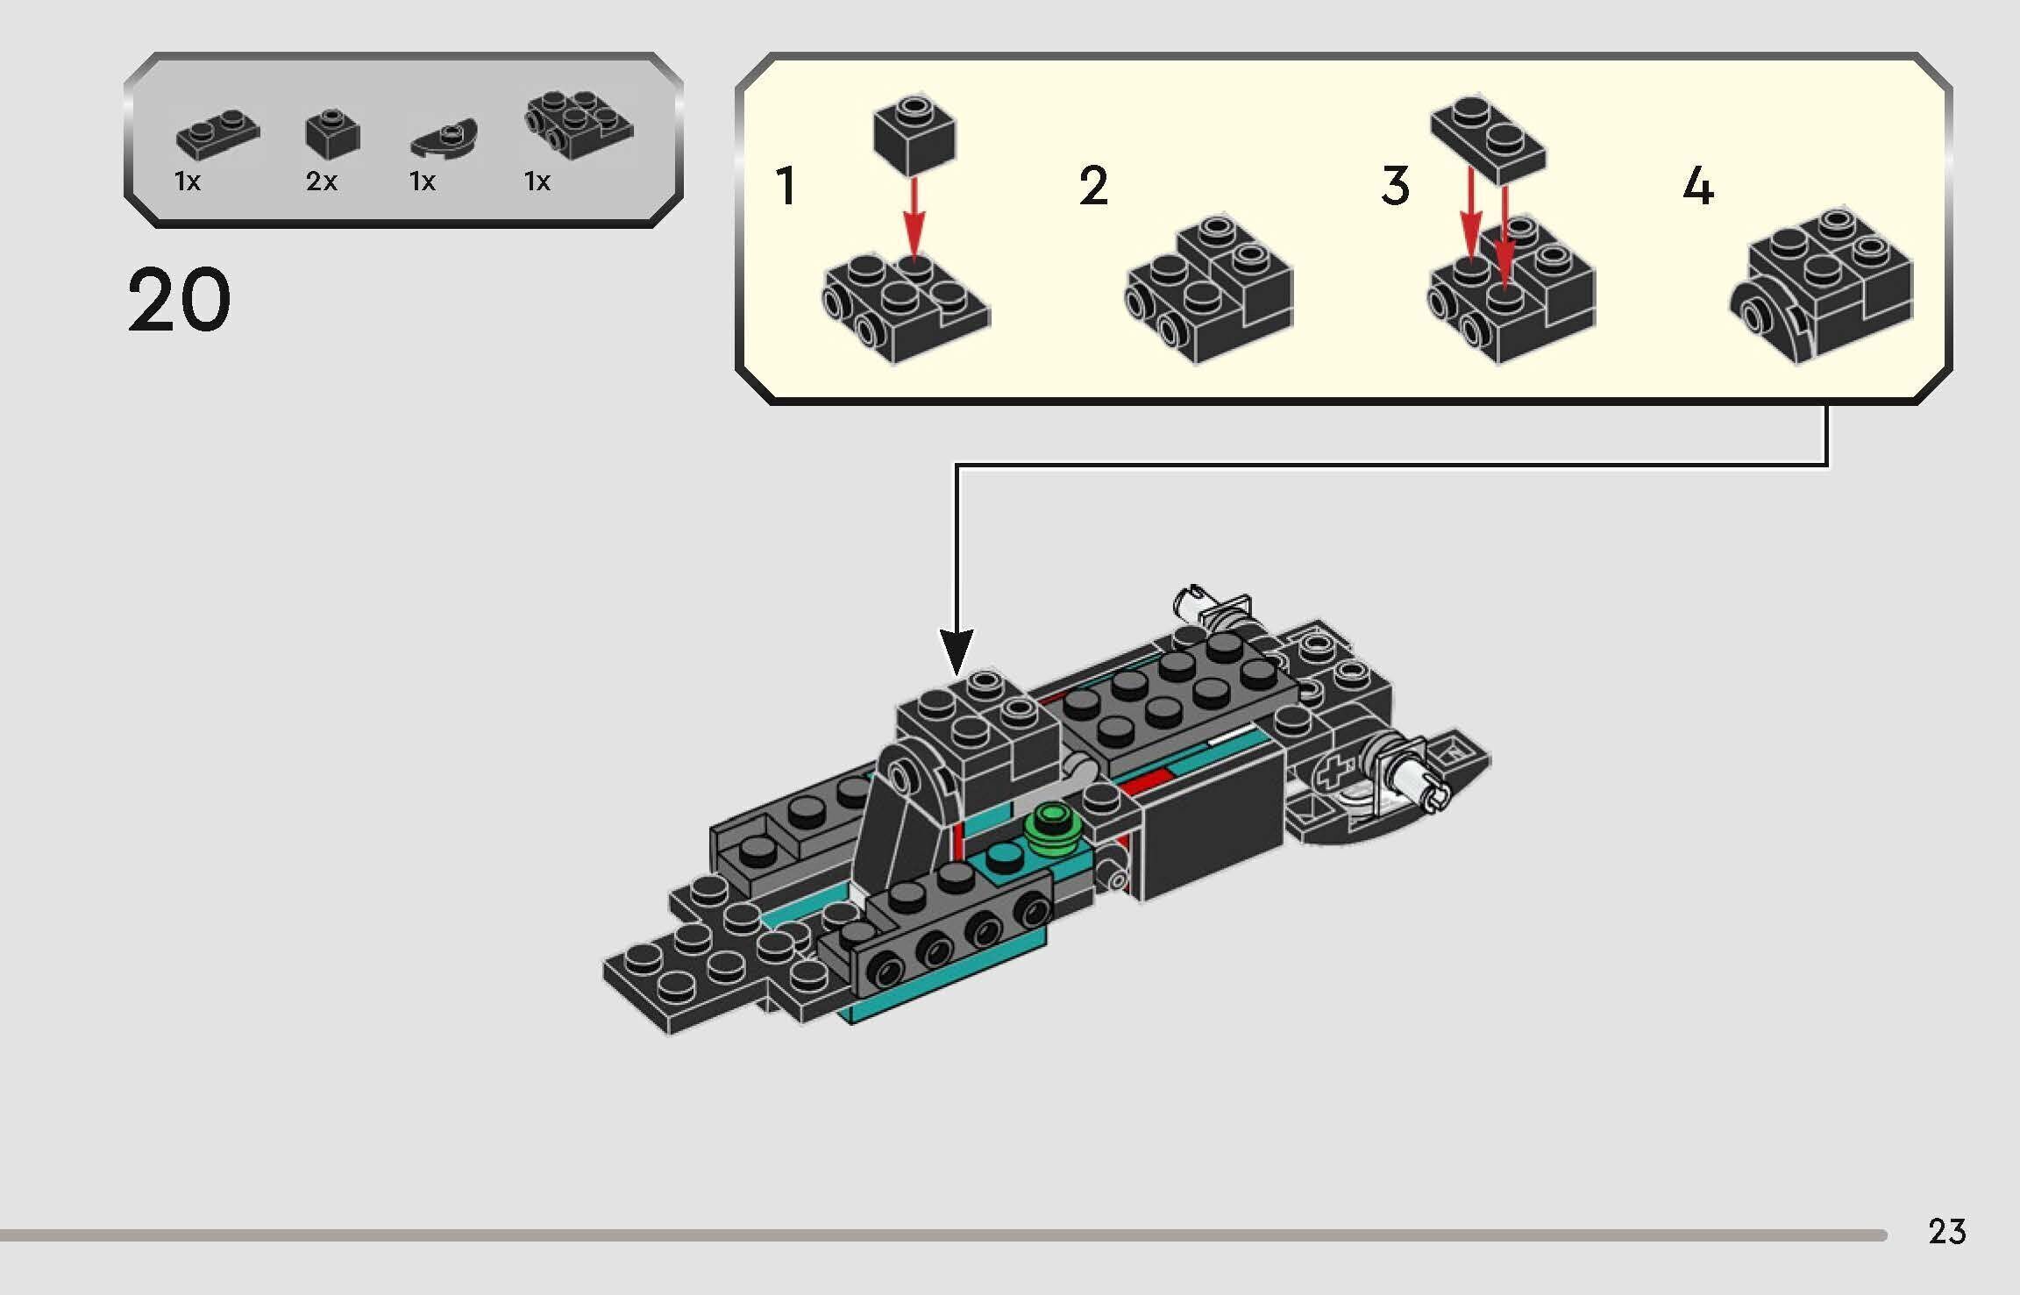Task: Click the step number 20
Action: click(x=179, y=301)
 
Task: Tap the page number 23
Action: click(x=1946, y=1232)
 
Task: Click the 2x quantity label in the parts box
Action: click(x=321, y=181)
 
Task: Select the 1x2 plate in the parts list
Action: click(x=217, y=135)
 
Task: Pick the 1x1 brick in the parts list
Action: click(x=332, y=134)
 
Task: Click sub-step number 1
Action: click(x=786, y=186)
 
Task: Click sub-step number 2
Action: click(x=1093, y=186)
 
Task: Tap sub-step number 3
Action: click(x=1396, y=186)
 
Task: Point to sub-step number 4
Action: click(x=1698, y=186)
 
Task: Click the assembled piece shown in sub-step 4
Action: click(x=1824, y=286)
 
